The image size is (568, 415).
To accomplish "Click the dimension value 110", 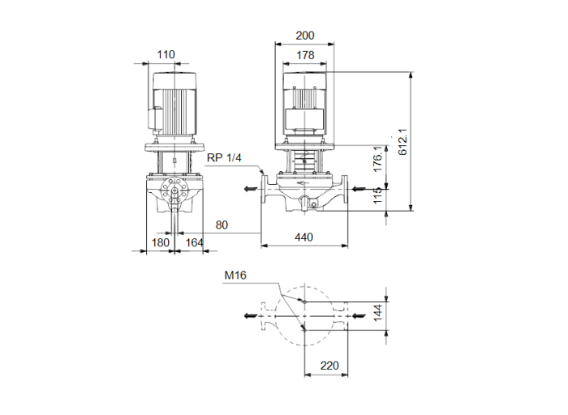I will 166,55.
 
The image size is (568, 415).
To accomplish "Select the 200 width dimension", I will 305,36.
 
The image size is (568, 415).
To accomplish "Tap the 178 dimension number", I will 305,55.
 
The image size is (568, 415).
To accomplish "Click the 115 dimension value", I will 377,197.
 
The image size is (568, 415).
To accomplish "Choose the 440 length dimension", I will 304,237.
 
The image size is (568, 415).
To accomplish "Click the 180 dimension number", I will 160,242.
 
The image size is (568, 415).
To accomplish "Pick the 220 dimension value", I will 329,366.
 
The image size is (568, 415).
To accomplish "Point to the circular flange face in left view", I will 174,193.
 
